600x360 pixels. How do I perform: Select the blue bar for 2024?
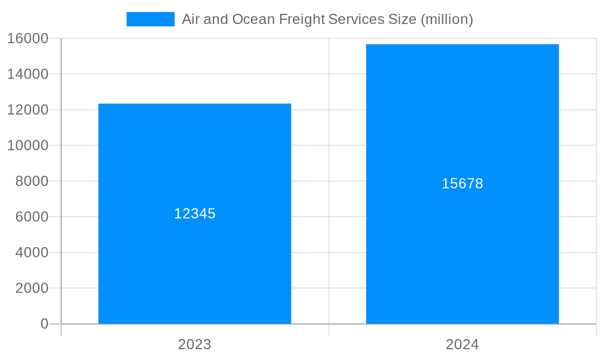462,252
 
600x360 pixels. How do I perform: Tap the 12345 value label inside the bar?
194,214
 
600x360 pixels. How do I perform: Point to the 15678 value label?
462,184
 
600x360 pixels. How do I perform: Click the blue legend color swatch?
150,19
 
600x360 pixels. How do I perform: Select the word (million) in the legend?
446,19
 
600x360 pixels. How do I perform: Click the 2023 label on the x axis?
194,344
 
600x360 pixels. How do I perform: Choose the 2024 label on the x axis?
462,344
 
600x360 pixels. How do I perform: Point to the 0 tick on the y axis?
44,324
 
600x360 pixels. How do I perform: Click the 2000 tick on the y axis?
31,288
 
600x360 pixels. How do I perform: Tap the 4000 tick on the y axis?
31,253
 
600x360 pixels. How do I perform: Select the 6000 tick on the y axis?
31,217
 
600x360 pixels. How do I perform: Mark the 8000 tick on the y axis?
31,181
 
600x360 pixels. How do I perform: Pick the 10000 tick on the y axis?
28,145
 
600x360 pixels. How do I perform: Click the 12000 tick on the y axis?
28,110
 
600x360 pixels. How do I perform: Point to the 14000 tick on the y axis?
28,74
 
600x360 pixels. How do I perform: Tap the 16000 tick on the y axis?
28,38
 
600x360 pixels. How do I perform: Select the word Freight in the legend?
303,19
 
